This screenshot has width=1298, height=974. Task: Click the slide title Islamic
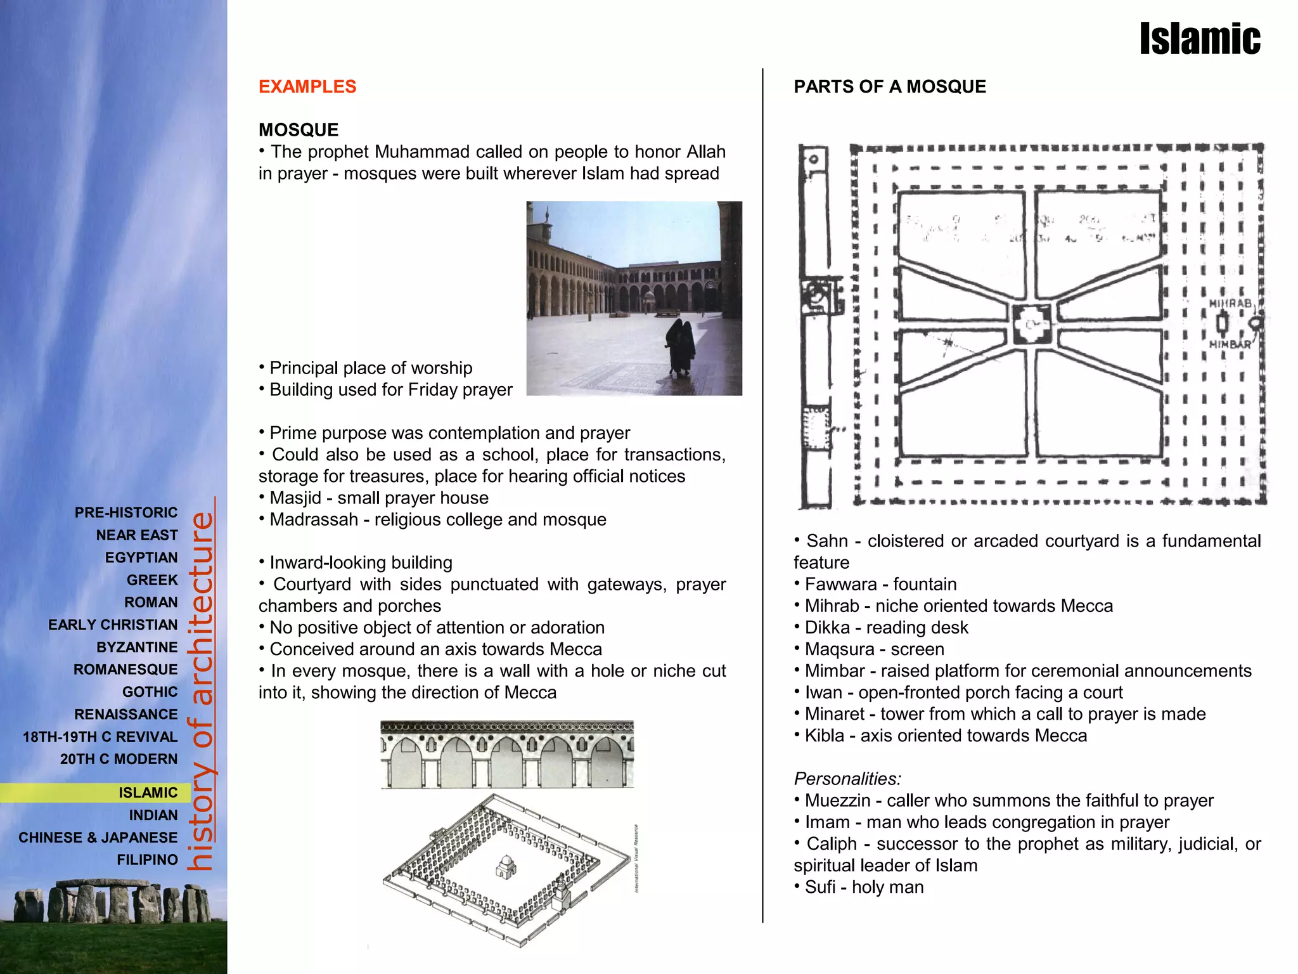(1199, 39)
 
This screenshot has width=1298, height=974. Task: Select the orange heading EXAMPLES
(307, 87)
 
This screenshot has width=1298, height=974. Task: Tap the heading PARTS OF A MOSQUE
(889, 87)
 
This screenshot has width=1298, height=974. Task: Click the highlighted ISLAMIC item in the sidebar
(148, 793)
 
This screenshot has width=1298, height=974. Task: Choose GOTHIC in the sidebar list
(150, 692)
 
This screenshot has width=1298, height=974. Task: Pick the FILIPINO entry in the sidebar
(147, 860)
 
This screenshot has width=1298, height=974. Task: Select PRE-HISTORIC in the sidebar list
(126, 512)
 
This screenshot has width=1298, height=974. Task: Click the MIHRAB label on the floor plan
(1230, 304)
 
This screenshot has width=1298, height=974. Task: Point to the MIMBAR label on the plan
(1230, 345)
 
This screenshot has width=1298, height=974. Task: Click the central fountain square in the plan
(1031, 325)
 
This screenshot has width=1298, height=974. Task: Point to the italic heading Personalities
(847, 779)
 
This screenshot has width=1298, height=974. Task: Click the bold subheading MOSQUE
(299, 130)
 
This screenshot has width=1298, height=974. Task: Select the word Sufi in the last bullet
(819, 887)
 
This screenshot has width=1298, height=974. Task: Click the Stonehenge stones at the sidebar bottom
(113, 900)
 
